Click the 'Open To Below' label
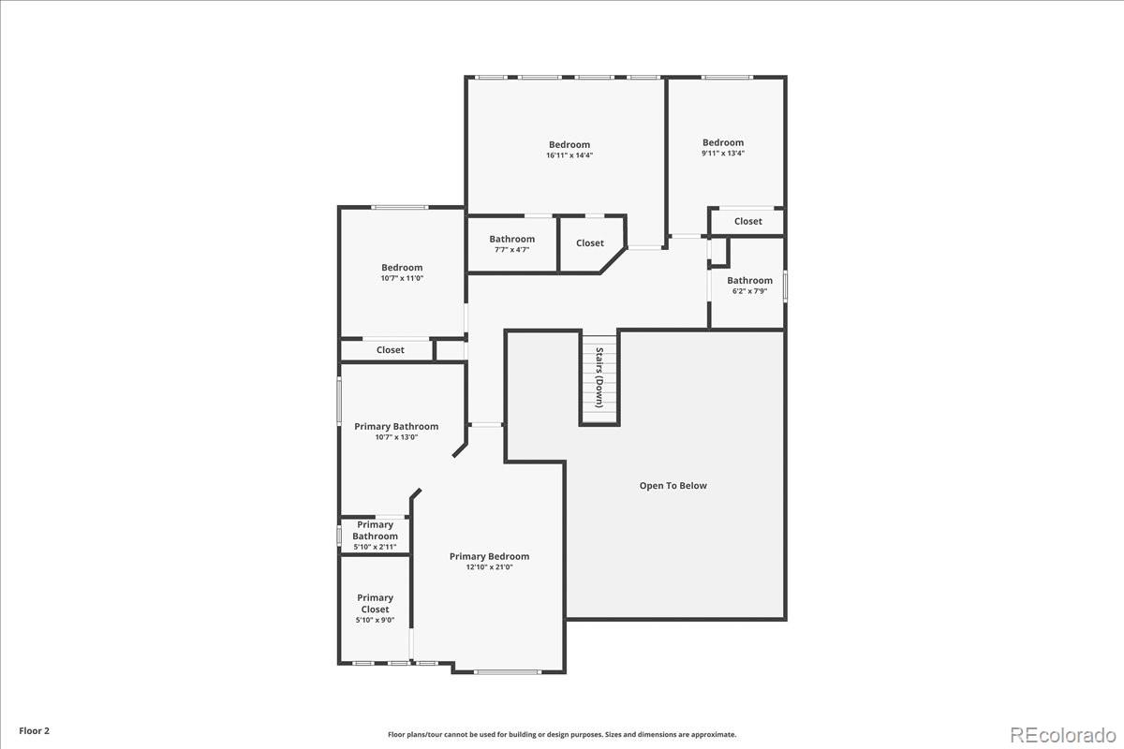(x=673, y=486)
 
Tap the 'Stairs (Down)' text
(x=599, y=377)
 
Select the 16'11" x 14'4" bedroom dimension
(x=569, y=155)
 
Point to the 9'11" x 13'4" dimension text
(x=723, y=154)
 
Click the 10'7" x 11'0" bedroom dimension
(x=402, y=278)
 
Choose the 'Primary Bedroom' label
(x=489, y=556)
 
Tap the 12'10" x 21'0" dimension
(x=489, y=567)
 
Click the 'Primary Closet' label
(x=376, y=604)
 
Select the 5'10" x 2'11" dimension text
(x=375, y=548)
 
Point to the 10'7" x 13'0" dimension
(x=396, y=437)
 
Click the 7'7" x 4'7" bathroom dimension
(x=511, y=250)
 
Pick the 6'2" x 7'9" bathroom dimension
(x=749, y=291)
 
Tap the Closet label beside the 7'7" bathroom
(x=590, y=243)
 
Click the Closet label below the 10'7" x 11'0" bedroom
(x=391, y=350)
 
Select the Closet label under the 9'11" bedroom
(x=748, y=221)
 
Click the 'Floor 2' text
(x=34, y=731)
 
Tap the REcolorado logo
(x=1063, y=735)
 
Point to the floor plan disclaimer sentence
(x=562, y=734)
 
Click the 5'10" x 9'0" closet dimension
(x=376, y=621)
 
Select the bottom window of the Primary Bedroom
(x=508, y=671)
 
